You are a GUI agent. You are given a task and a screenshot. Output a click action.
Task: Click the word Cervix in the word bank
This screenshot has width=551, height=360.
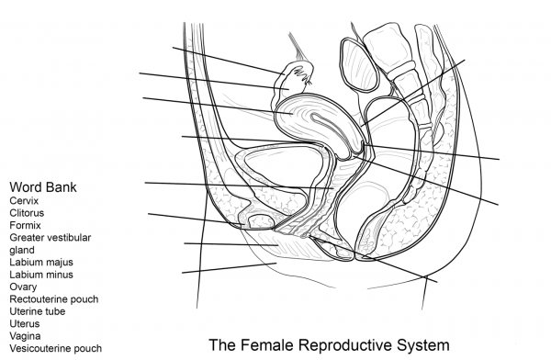(25, 200)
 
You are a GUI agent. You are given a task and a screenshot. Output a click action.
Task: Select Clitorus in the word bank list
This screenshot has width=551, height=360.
(28, 212)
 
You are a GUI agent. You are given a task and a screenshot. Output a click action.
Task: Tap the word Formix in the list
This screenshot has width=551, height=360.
(27, 225)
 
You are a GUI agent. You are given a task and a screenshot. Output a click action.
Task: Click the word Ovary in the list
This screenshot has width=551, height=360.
(24, 287)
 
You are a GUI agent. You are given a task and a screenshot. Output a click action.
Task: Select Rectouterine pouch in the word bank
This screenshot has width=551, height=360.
(54, 299)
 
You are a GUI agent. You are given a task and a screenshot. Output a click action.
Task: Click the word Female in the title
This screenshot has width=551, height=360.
(267, 346)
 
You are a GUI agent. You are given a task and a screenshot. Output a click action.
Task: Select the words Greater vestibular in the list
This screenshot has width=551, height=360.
(51, 237)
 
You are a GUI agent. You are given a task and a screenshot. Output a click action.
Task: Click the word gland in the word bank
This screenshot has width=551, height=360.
(22, 250)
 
